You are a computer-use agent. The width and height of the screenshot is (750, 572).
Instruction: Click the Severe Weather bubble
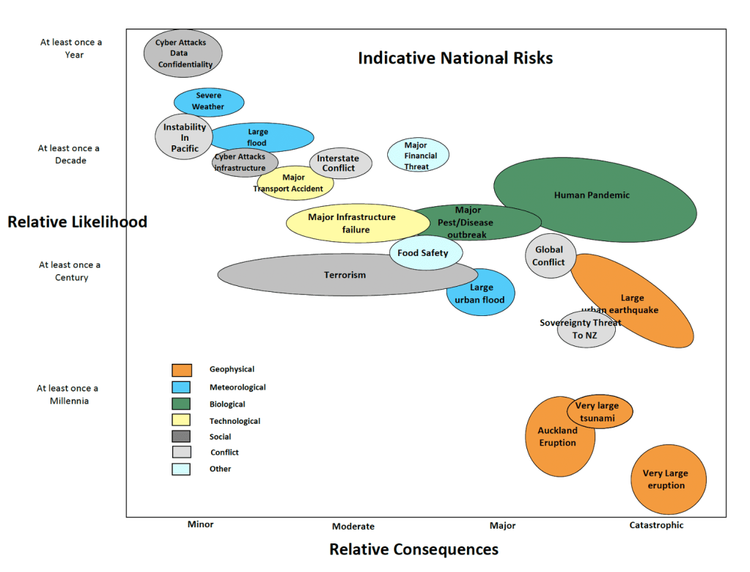tap(209, 102)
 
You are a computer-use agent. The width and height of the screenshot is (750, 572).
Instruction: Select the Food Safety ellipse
tap(426, 252)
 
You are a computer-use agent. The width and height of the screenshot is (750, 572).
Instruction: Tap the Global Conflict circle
tap(551, 256)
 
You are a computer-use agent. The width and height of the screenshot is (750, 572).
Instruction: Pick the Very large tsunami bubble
tap(600, 411)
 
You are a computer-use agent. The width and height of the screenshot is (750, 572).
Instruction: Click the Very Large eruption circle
tap(669, 479)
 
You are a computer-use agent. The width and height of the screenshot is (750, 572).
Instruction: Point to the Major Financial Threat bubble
tap(418, 155)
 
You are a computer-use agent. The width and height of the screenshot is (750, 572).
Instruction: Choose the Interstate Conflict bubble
tap(341, 163)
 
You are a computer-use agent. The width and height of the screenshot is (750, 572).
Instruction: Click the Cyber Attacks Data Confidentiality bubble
tap(183, 53)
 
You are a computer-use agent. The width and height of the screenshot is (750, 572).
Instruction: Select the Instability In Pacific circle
tap(184, 137)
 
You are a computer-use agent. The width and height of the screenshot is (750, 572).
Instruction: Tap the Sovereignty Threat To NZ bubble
tap(587, 329)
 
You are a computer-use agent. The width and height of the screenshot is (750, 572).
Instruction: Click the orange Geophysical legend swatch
tap(182, 370)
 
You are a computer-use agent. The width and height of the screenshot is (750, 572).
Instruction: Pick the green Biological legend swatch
tap(181, 403)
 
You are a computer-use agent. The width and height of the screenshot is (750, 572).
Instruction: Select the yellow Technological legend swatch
tap(181, 420)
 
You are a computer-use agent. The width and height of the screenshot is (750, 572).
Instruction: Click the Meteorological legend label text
tap(238, 387)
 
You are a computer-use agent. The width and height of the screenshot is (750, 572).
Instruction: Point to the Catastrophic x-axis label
tap(656, 524)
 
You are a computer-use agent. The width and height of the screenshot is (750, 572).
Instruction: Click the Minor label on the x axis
tap(200, 524)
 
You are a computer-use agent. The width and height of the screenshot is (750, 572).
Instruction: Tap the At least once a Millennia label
tap(68, 395)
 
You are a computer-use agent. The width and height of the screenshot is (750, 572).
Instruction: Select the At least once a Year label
tap(71, 48)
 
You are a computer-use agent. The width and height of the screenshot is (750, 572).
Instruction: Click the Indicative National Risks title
tap(455, 58)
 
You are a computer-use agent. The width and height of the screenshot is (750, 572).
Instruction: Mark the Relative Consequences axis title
tap(413, 549)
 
